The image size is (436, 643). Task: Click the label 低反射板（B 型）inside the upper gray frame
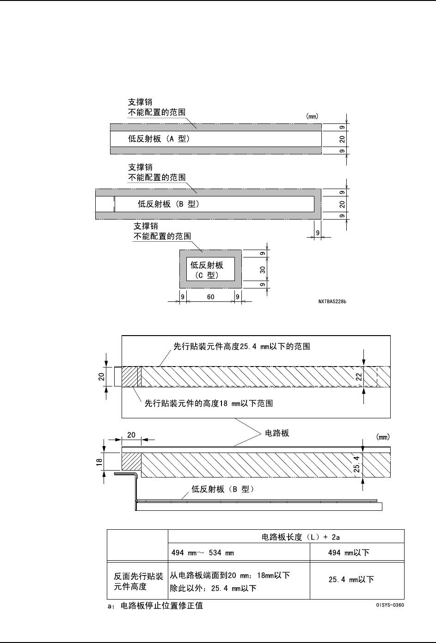[169, 204]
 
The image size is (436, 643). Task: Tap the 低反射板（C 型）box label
[207, 269]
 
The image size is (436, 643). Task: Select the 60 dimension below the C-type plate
[210, 297]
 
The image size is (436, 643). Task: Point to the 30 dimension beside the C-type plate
[262, 269]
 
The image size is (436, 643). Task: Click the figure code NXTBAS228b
[332, 301]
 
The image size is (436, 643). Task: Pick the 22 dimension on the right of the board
[359, 376]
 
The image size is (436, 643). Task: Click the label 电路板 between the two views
[276, 433]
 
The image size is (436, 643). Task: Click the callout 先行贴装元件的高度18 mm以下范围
[209, 404]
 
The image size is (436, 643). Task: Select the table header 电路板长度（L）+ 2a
[301, 537]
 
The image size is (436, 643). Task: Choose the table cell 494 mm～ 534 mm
[203, 552]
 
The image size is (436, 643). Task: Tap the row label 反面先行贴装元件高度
[138, 582]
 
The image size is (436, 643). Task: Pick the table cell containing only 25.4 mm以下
[351, 579]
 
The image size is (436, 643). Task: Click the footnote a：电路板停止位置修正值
[155, 606]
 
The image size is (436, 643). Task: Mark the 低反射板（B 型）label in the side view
[223, 489]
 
